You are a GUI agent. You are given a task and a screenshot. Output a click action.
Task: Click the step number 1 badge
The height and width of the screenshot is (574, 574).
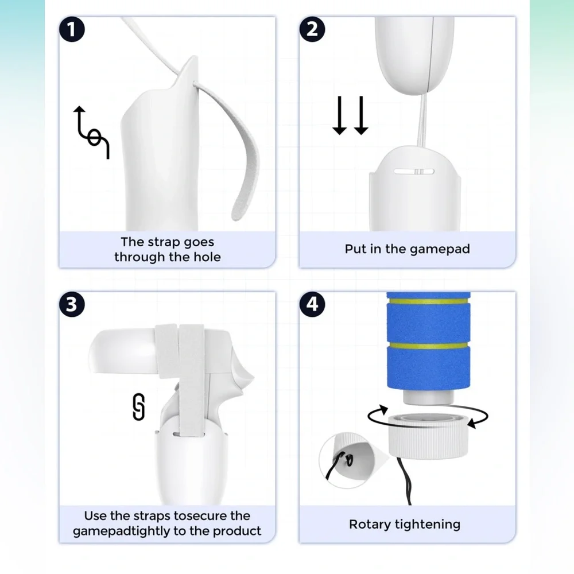pyautogui.click(x=72, y=29)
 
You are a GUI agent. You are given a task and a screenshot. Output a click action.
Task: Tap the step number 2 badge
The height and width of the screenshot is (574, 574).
pyautogui.click(x=312, y=29)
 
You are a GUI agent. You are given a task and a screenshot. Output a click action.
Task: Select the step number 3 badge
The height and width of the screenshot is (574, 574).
pyautogui.click(x=72, y=304)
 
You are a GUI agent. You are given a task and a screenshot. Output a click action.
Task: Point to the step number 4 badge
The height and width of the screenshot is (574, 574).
pyautogui.click(x=312, y=304)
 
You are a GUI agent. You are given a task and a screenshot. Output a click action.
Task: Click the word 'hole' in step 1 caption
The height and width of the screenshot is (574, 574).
pyautogui.click(x=207, y=257)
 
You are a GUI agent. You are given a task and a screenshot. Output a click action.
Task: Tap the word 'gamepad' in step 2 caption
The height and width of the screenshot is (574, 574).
pyautogui.click(x=440, y=249)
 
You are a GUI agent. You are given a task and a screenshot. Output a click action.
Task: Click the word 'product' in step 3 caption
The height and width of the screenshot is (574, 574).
pyautogui.click(x=237, y=532)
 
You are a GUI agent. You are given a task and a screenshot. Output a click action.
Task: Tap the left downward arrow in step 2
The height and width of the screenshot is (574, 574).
pyautogui.click(x=339, y=115)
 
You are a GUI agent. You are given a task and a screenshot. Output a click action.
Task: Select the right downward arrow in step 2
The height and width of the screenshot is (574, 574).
pyautogui.click(x=361, y=115)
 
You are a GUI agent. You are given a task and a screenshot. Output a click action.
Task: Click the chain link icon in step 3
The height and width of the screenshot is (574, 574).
pyautogui.click(x=138, y=407)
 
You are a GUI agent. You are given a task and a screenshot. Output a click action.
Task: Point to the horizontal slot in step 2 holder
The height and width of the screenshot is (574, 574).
pyautogui.click(x=414, y=171)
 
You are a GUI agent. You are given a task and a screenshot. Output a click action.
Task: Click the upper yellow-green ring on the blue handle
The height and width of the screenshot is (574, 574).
pyautogui.click(x=428, y=302)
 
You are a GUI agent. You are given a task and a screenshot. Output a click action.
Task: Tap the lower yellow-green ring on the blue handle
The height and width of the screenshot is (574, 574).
pyautogui.click(x=428, y=346)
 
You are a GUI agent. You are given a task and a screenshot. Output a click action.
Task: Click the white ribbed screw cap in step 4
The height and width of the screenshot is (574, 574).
pyautogui.click(x=428, y=436)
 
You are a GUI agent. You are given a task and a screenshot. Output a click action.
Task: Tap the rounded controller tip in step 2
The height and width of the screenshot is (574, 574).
pyautogui.click(x=414, y=55)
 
